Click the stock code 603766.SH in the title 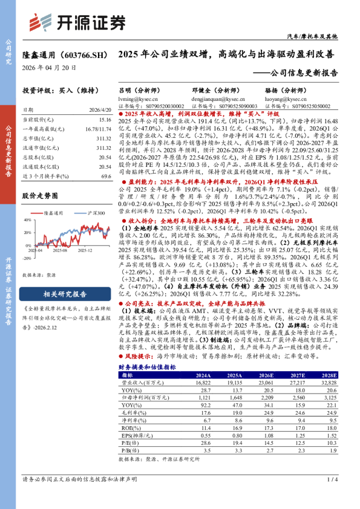(x=79, y=55)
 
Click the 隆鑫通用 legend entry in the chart (x=50, y=213)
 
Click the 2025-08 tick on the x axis (x=59, y=266)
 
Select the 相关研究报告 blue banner (x=65, y=294)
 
